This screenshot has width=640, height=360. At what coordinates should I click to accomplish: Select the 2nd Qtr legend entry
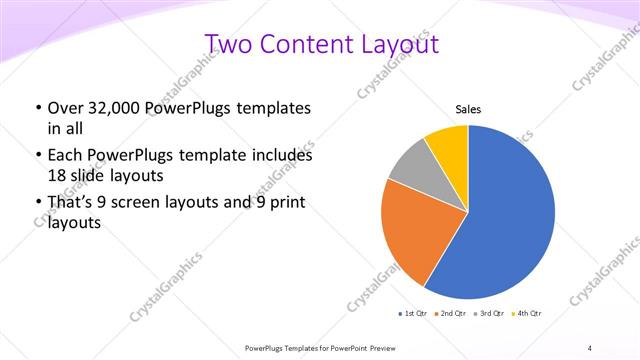[451, 315]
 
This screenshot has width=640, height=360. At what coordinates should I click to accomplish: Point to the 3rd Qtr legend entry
[491, 315]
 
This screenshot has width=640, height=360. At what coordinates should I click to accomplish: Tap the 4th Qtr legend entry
[530, 315]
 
